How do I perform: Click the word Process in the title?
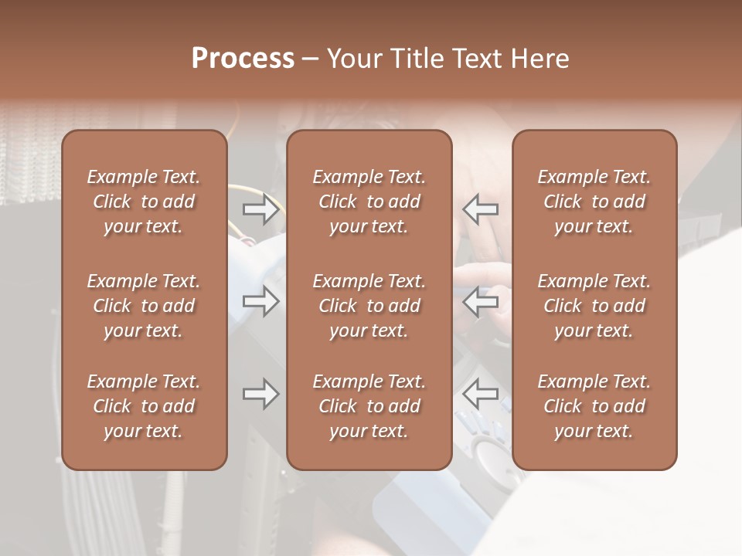coord(243,59)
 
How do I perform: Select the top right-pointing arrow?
coord(260,209)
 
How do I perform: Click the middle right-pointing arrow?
coord(260,301)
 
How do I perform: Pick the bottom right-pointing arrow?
coord(260,395)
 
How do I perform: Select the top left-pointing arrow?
coord(480,209)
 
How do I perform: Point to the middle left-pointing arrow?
coord(480,301)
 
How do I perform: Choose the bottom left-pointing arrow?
coord(480,395)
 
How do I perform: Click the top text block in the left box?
coord(144,202)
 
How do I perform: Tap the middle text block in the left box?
coord(144,306)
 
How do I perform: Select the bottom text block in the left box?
coord(144,406)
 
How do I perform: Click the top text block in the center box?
coord(369,202)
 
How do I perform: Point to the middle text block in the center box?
coord(369,306)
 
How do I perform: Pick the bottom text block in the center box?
coord(369,406)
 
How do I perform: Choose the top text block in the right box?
coord(594,202)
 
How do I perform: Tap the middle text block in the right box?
coord(594,306)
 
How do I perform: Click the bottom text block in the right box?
coord(594,406)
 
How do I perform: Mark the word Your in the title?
coord(354,59)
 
